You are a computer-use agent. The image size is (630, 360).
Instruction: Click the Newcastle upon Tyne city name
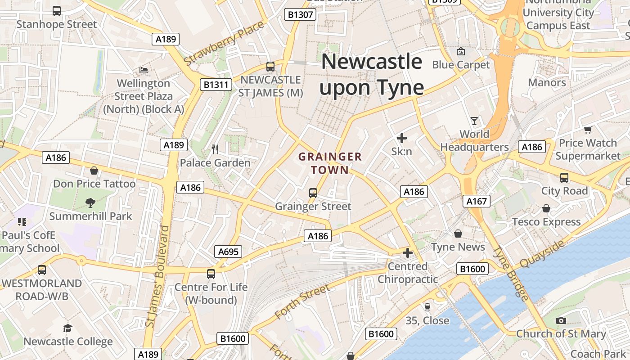(x=372, y=74)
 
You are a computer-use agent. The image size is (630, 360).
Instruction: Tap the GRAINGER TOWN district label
(x=330, y=163)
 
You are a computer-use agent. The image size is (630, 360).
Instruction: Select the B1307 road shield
(x=301, y=15)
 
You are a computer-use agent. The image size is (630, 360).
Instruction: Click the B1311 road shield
(x=216, y=85)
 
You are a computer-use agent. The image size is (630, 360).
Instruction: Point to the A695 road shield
(x=228, y=252)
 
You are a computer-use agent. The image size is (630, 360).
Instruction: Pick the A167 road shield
(x=477, y=201)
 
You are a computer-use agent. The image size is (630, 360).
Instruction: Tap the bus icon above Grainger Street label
(x=313, y=193)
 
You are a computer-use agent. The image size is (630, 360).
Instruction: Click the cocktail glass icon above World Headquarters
(x=474, y=121)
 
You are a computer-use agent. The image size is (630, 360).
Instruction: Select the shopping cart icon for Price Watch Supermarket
(x=588, y=130)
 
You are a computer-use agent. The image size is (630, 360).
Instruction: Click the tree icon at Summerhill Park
(x=90, y=202)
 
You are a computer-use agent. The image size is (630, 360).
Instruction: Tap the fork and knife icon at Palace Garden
(x=215, y=149)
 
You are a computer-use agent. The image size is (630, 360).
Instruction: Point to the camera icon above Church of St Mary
(x=561, y=320)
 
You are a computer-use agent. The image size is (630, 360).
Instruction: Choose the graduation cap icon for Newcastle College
(x=67, y=328)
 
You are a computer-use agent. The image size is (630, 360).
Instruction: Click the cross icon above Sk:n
(x=402, y=138)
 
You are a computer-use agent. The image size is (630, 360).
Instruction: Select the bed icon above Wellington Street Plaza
(x=144, y=70)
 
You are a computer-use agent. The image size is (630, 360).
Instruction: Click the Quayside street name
(x=542, y=254)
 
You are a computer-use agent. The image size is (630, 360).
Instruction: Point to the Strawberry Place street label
(x=224, y=43)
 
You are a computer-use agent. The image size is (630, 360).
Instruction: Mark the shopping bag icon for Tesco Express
(x=546, y=208)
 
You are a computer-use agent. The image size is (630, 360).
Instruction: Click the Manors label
(x=547, y=82)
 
